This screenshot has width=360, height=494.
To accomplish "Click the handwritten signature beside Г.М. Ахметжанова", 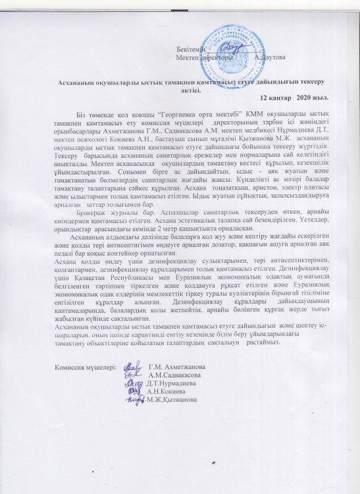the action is click(x=132, y=366).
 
